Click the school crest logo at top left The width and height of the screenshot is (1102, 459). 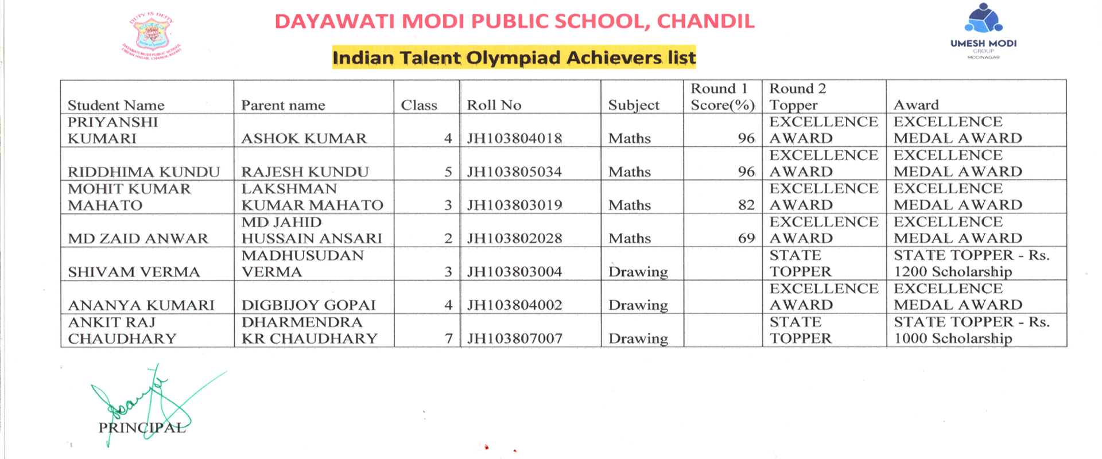(x=152, y=34)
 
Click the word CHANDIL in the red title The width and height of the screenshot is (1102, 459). (x=705, y=21)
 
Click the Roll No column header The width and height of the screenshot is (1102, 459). (x=494, y=105)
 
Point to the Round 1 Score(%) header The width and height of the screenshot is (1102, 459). (x=722, y=97)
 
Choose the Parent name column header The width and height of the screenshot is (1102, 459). (x=283, y=106)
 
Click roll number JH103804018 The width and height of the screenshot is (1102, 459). (x=514, y=138)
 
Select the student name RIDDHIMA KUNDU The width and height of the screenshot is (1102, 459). (x=143, y=172)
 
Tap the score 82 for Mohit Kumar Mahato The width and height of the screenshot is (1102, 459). (x=746, y=205)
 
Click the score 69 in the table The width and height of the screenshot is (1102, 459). (x=746, y=239)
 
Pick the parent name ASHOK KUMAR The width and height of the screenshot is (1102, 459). (x=304, y=139)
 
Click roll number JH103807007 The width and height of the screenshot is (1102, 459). (x=514, y=339)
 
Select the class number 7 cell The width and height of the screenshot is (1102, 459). (x=449, y=339)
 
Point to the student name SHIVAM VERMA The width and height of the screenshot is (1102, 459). (x=134, y=272)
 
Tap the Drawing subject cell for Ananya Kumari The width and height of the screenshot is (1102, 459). (x=638, y=305)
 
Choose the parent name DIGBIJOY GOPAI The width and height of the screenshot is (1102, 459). (x=308, y=305)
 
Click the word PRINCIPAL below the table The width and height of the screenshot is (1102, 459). (x=142, y=428)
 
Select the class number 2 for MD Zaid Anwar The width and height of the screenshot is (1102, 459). (x=448, y=239)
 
